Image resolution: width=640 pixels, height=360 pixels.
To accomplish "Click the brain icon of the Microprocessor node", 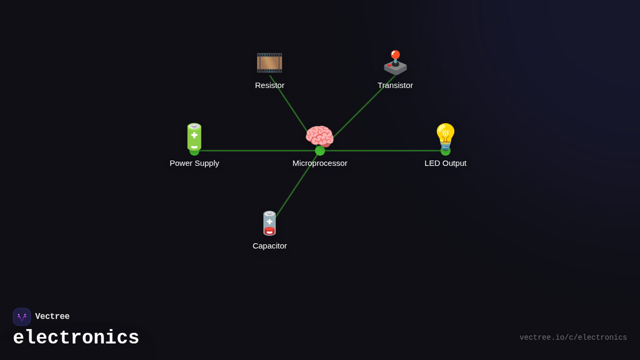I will [319, 137].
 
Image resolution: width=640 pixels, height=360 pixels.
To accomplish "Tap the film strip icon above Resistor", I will [269, 63].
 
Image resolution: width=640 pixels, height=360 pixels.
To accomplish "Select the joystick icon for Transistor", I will [395, 63].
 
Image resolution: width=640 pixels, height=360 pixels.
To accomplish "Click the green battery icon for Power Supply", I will [194, 137].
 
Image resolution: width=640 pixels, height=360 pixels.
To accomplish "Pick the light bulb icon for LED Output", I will [445, 137].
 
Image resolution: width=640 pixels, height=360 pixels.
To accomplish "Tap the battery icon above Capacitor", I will [269, 223].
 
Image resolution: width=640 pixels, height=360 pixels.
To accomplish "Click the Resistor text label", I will [269, 85].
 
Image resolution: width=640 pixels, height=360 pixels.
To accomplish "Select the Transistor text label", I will [395, 85].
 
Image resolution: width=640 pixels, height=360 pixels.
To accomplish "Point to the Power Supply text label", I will [194, 163].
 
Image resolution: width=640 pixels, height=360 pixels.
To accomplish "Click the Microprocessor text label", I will [319, 163].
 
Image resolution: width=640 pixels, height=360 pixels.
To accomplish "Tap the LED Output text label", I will [445, 163].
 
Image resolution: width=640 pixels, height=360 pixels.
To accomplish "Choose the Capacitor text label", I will [269, 246].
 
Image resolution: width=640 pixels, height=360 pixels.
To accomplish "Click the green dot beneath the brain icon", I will [320, 151].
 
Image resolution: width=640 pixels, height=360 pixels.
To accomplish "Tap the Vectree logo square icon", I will [22, 317].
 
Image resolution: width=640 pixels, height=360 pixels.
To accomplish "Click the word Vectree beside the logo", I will [52, 317].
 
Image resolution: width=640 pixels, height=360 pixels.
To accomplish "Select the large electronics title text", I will [76, 338].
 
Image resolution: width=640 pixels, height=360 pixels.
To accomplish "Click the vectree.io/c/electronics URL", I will [573, 338].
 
